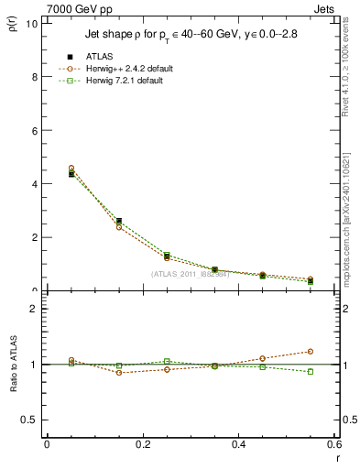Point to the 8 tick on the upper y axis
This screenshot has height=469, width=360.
point(36,77)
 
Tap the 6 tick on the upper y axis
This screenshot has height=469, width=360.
point(36,131)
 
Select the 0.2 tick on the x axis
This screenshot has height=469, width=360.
point(143,444)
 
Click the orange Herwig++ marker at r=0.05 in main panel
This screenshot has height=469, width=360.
point(71,169)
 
